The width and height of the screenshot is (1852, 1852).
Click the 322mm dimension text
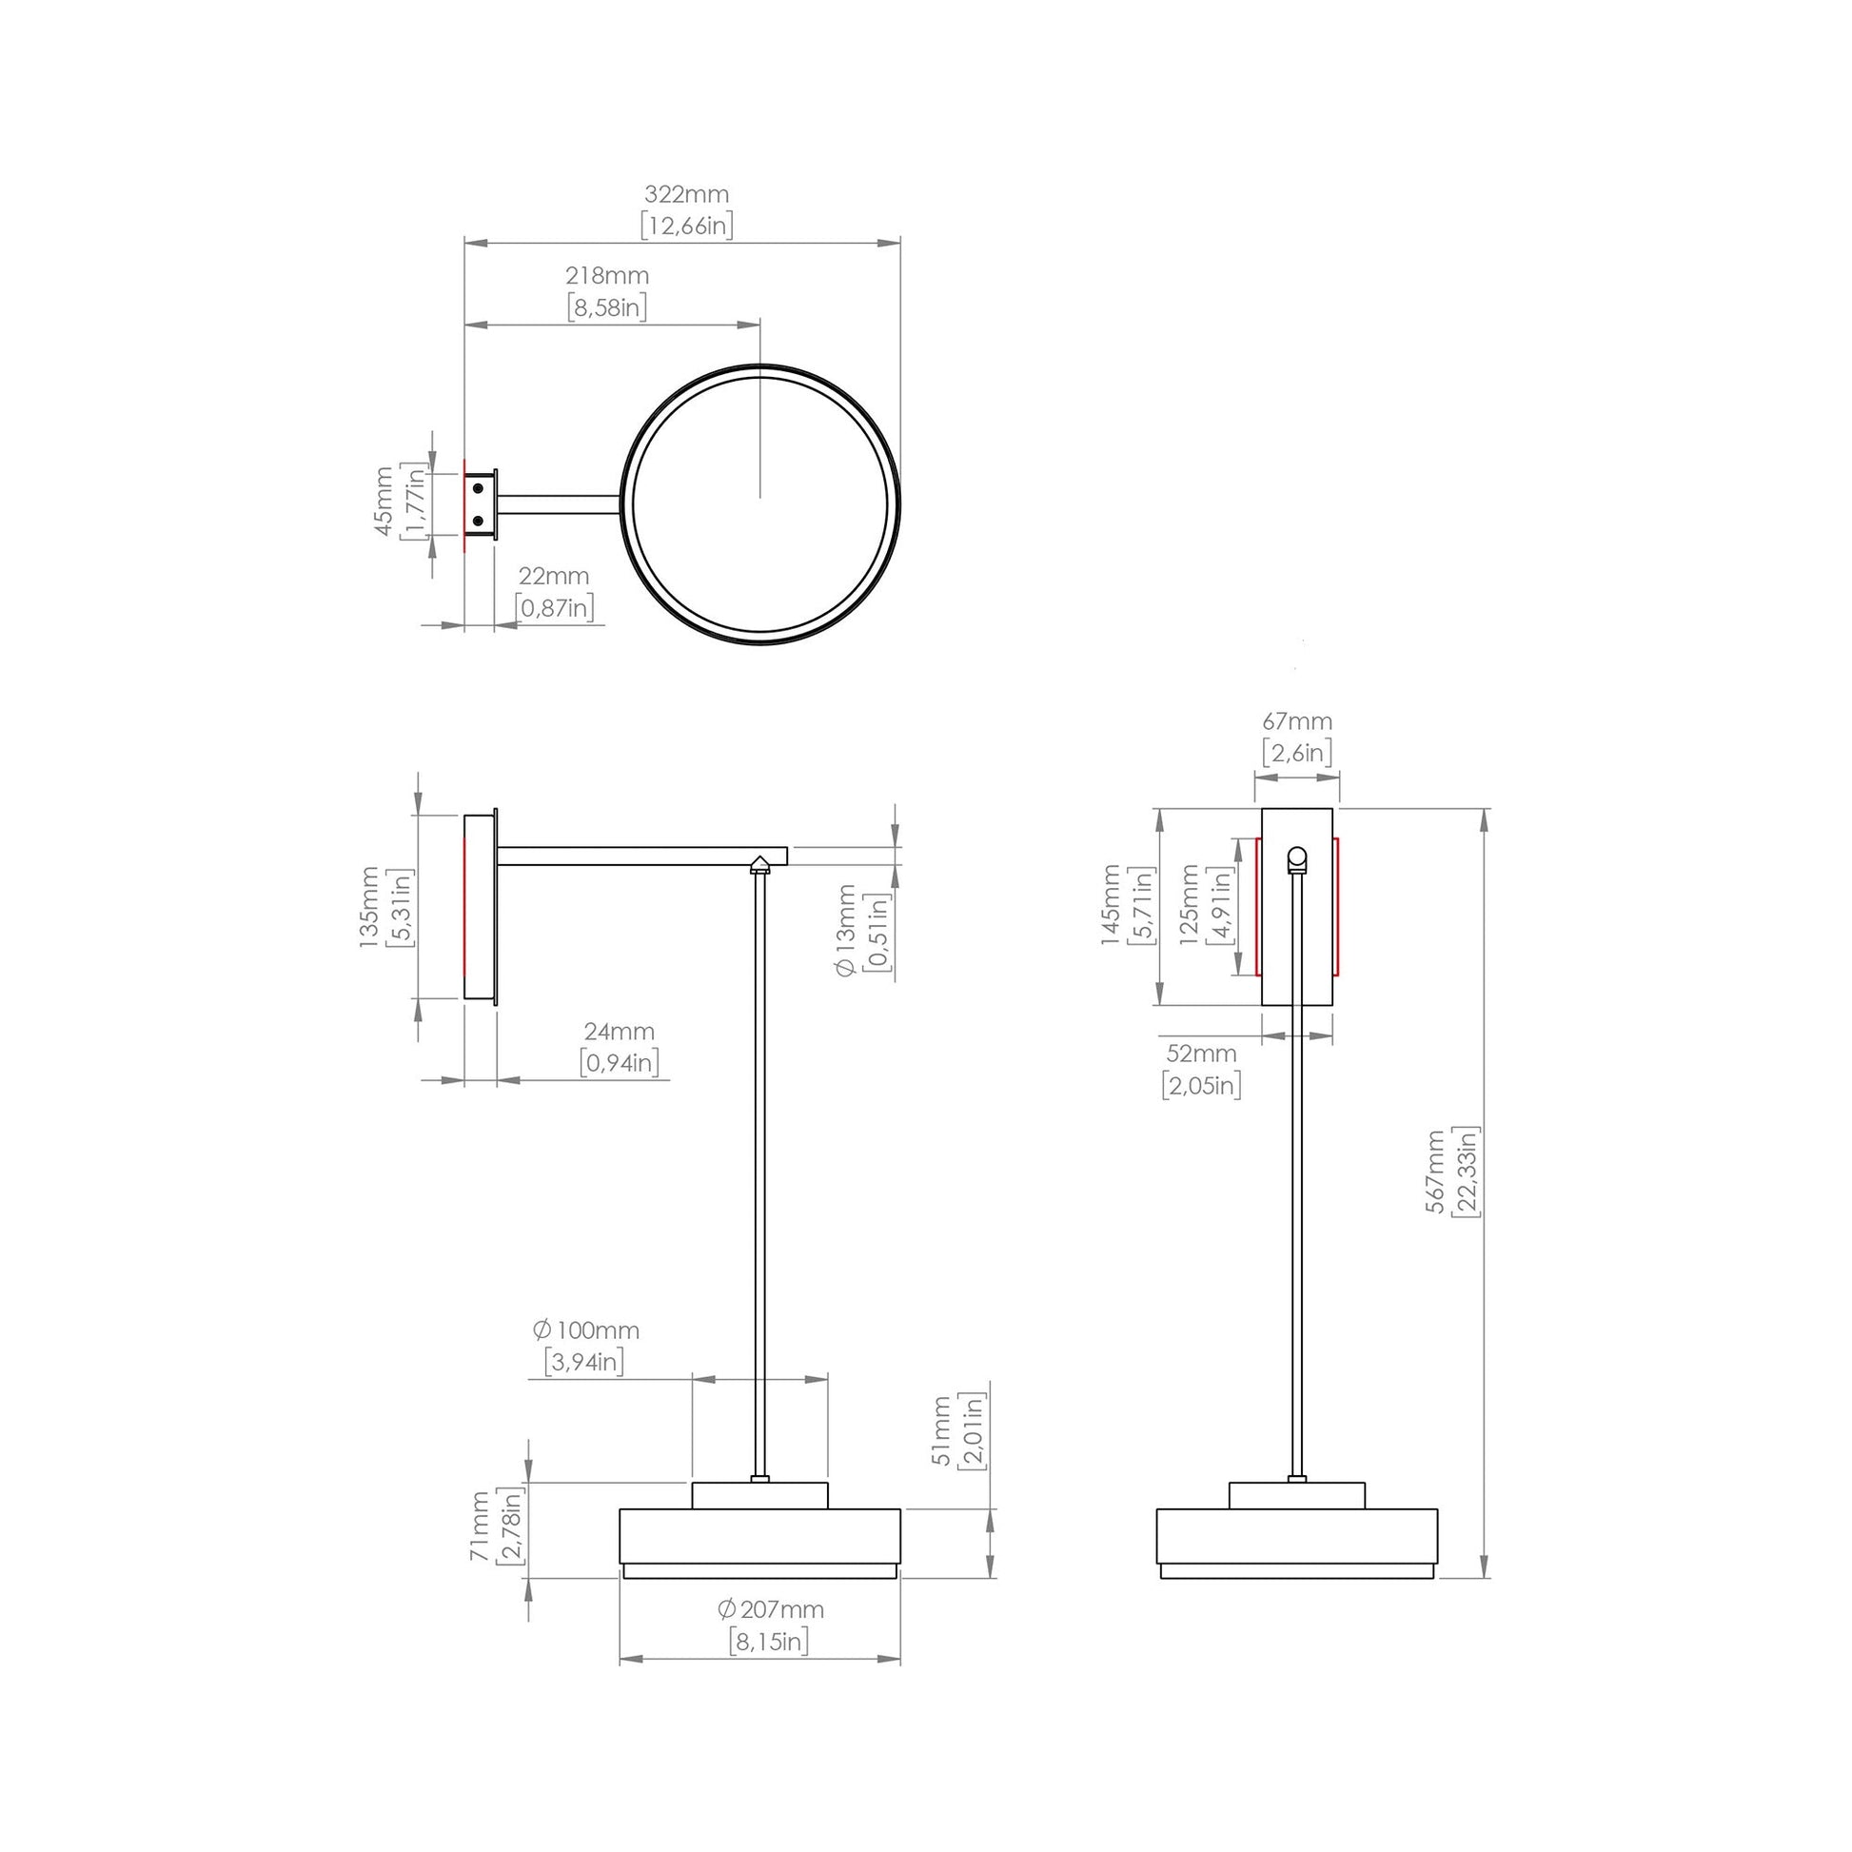pos(686,194)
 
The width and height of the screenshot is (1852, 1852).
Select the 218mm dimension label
pos(607,276)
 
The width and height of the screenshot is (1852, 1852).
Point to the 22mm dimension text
pos(553,577)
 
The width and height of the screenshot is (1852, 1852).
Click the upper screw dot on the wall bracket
pos(479,489)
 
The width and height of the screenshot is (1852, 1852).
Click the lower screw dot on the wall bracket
pos(479,522)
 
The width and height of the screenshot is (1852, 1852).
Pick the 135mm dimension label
pos(369,907)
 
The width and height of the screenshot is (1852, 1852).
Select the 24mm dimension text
pos(620,1033)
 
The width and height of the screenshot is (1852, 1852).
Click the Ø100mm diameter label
pos(585,1330)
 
